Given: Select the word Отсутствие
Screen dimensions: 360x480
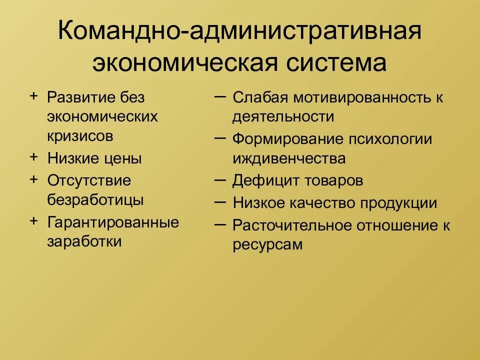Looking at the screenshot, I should pos(89,180).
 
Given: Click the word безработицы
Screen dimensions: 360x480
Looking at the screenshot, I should pos(95,200).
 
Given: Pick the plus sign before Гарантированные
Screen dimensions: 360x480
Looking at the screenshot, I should pos(34,220).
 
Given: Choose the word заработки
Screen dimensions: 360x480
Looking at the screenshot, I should pos(84,241).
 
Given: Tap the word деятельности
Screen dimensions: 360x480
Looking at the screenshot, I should pos(283,117).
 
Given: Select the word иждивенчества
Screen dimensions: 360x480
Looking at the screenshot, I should pos(289,158).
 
